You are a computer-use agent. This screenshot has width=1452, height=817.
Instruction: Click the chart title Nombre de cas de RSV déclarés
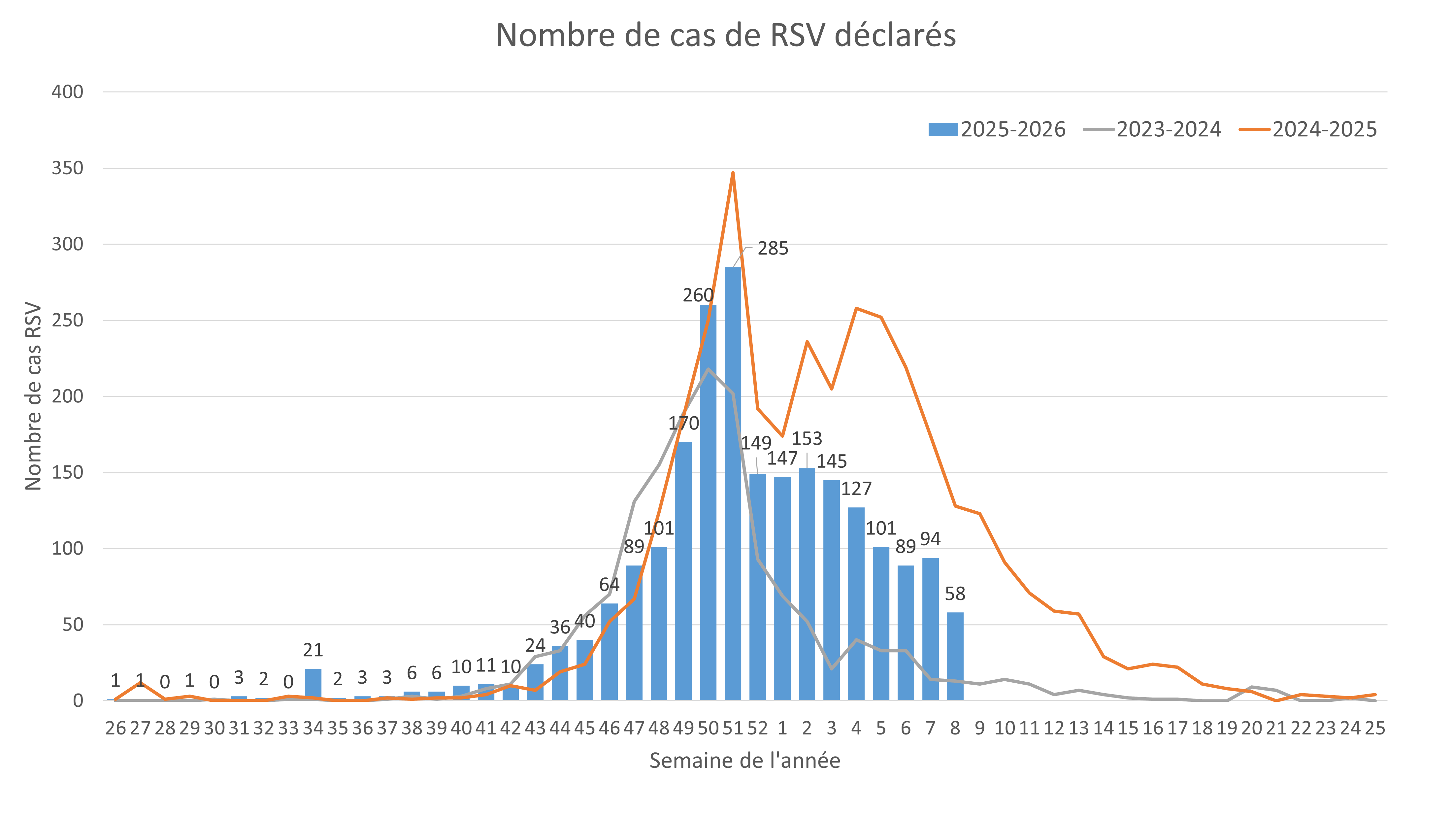[x=725, y=36]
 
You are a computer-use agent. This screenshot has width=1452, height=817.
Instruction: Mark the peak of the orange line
[x=733, y=173]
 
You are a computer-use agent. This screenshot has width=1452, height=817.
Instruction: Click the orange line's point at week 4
[x=856, y=308]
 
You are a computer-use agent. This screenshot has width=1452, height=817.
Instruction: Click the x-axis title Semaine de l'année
[x=744, y=761]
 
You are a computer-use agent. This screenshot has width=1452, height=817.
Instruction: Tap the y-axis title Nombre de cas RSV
[x=33, y=396]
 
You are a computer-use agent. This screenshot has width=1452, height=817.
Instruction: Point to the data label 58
[x=955, y=594]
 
